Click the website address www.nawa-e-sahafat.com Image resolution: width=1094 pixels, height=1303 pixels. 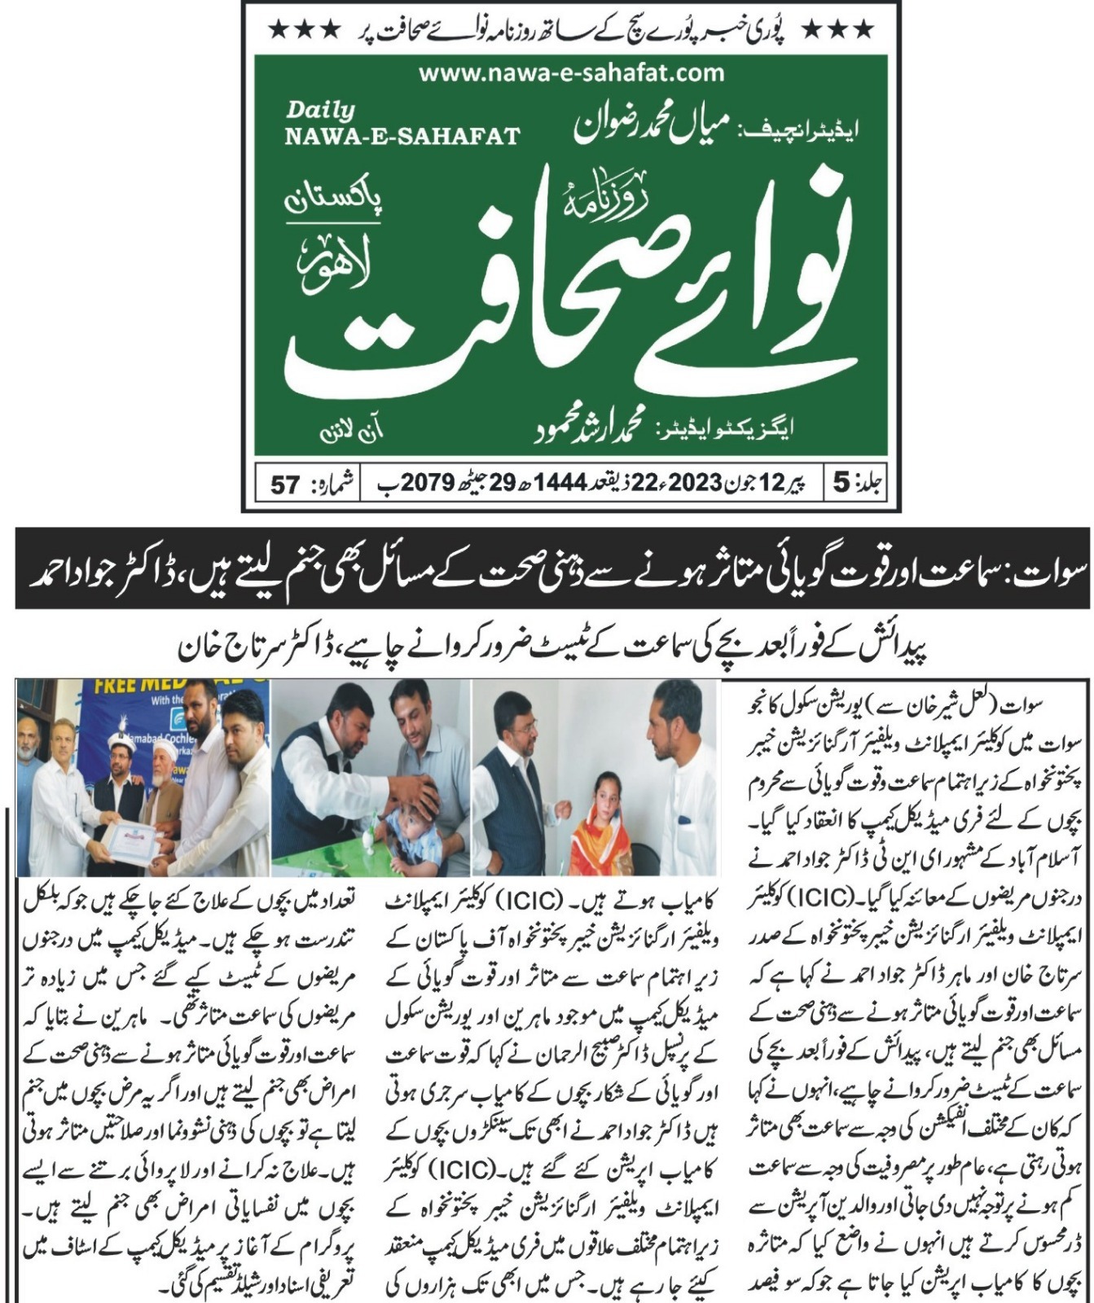[571, 73]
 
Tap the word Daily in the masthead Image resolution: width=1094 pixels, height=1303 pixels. [320, 110]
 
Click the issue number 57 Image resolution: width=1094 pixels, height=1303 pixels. [285, 485]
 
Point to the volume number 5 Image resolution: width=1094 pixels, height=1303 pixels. [840, 484]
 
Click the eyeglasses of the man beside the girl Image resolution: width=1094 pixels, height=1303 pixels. [512, 717]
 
